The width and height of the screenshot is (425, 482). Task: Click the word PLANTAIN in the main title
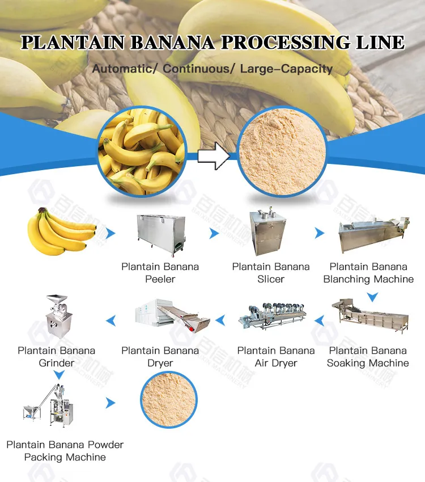pyautogui.click(x=73, y=43)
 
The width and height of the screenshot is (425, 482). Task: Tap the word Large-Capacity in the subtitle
pyautogui.click(x=286, y=69)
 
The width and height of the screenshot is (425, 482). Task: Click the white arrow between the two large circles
pyautogui.click(x=214, y=156)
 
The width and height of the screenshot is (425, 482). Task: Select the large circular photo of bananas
pyautogui.click(x=142, y=151)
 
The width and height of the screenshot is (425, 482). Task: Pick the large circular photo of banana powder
pyautogui.click(x=282, y=151)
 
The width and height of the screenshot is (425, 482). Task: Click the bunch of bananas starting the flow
pyautogui.click(x=61, y=231)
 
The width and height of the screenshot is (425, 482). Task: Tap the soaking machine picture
pyautogui.click(x=370, y=316)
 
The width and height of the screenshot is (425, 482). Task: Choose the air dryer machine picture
pyautogui.click(x=273, y=316)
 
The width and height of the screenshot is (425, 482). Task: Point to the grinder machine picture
pyautogui.click(x=59, y=316)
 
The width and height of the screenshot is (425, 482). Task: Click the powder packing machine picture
pyautogui.click(x=49, y=405)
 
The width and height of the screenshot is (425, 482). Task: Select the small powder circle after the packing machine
pyautogui.click(x=169, y=400)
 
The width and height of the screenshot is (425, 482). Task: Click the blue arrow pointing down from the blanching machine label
pyautogui.click(x=372, y=297)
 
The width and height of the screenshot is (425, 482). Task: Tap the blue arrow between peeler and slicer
pyautogui.click(x=214, y=233)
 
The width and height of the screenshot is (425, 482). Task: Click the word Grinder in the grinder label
pyautogui.click(x=57, y=363)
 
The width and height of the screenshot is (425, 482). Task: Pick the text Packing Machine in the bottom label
pyautogui.click(x=65, y=457)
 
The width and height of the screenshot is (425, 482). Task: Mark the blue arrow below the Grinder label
pyautogui.click(x=59, y=374)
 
